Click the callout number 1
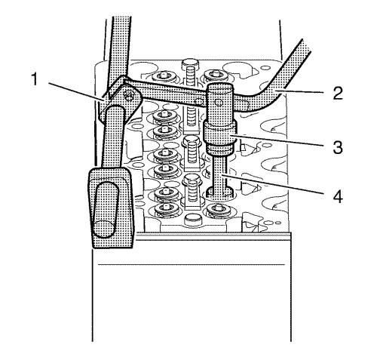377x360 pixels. [34, 79]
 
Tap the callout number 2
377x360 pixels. [338, 93]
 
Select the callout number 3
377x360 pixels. [338, 147]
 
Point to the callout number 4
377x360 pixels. [338, 196]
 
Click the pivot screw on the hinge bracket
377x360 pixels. [129, 94]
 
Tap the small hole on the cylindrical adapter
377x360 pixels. [218, 103]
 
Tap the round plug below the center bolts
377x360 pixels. [193, 220]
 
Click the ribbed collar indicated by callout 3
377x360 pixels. [220, 137]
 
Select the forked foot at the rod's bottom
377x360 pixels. [220, 192]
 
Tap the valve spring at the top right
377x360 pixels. [215, 75]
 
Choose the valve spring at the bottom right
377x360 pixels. [218, 211]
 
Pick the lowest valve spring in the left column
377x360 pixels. [166, 208]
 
